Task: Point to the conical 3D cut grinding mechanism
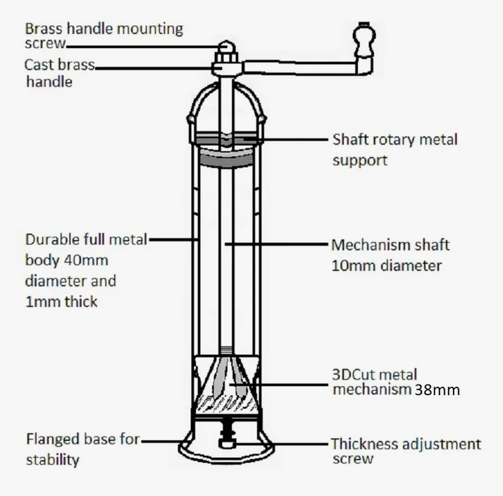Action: click(227, 385)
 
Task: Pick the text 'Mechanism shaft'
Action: click(390, 246)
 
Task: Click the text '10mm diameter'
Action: click(386, 266)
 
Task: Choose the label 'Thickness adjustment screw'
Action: click(406, 451)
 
